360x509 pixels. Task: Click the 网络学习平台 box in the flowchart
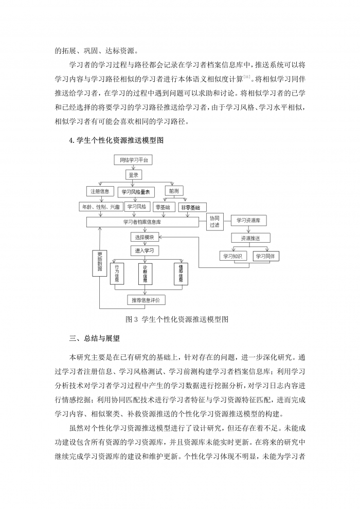[x=133, y=160]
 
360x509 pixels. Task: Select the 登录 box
[x=133, y=175]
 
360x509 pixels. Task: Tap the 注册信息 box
[x=100, y=191]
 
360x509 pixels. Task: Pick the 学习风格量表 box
[x=136, y=192]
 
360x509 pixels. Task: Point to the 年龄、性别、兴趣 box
[x=100, y=207]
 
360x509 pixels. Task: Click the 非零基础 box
[x=190, y=207]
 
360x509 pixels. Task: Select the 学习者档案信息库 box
[x=142, y=222]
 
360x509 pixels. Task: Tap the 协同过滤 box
[x=214, y=221]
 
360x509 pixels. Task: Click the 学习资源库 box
[x=248, y=220]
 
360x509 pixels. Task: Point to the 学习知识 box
[x=233, y=256]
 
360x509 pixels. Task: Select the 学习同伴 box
[x=265, y=256]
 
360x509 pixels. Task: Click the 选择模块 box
[x=145, y=237]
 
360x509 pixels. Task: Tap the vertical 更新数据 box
[x=99, y=263]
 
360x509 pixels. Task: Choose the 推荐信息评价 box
[x=147, y=300]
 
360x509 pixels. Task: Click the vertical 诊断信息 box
[x=146, y=274]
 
